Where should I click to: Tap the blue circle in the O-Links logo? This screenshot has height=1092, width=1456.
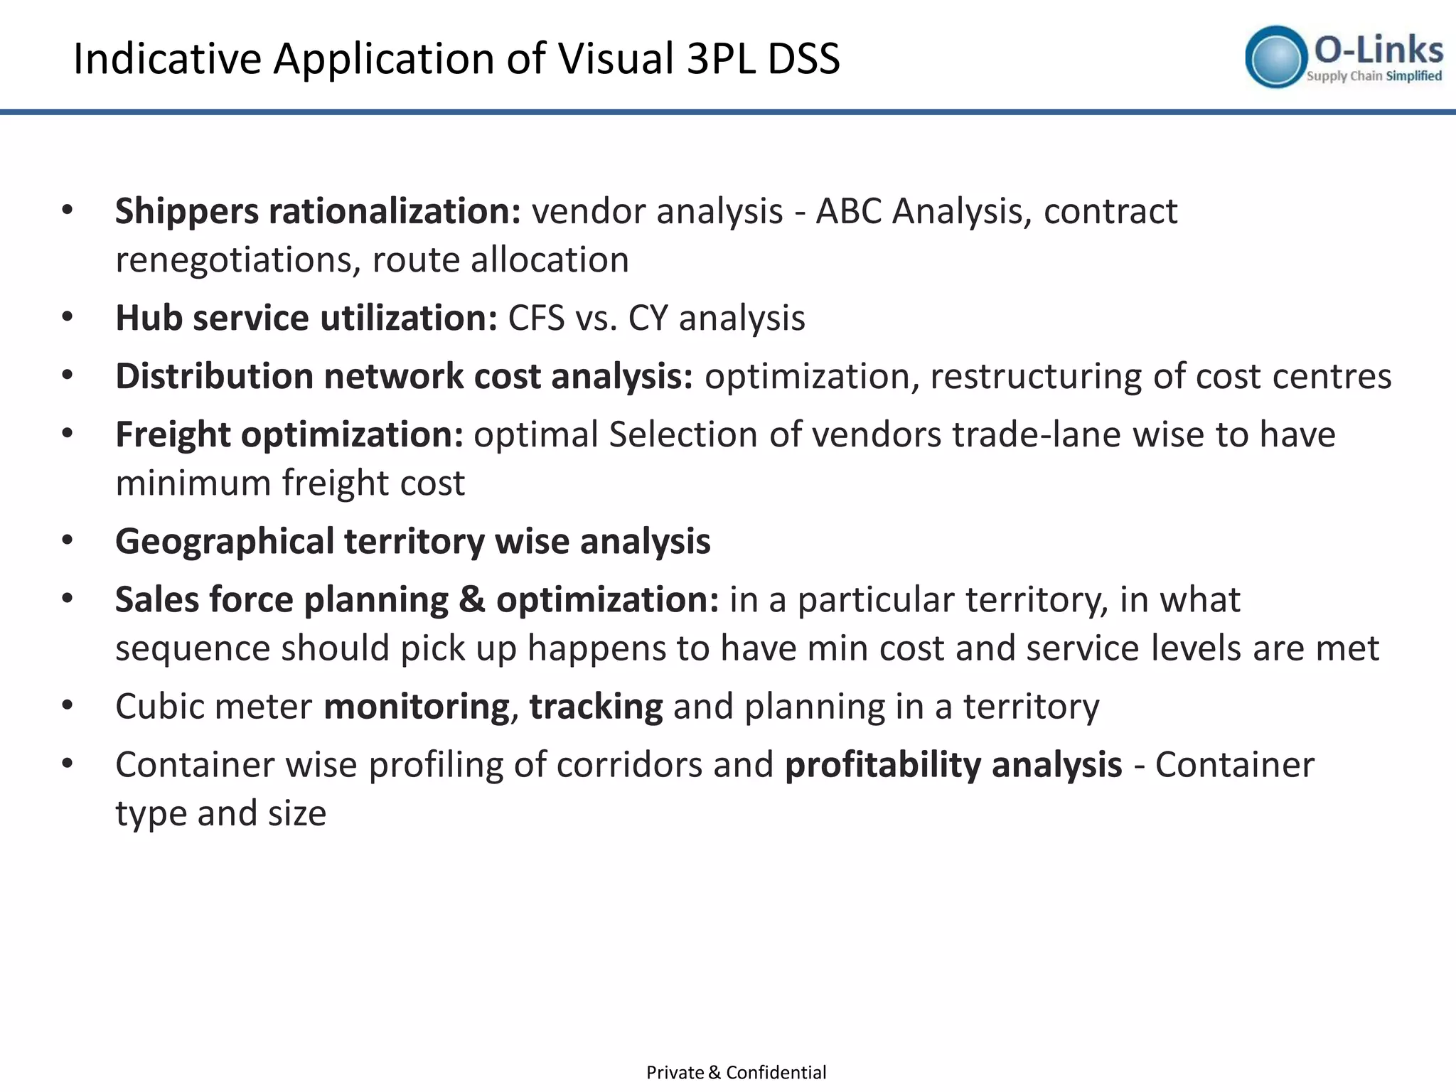click(1276, 57)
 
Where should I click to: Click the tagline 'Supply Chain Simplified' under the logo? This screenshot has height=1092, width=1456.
click(1374, 76)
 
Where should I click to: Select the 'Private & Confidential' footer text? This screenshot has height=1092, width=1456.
click(736, 1072)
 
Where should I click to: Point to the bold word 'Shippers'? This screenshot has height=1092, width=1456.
click(186, 212)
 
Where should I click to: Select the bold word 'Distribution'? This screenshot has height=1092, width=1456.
click(214, 376)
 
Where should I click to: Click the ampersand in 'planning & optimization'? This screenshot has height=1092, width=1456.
click(472, 600)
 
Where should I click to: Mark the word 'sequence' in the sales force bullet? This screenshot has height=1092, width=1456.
click(193, 648)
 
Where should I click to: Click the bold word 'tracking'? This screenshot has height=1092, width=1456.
click(596, 707)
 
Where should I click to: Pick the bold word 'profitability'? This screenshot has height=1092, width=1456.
click(882, 765)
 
